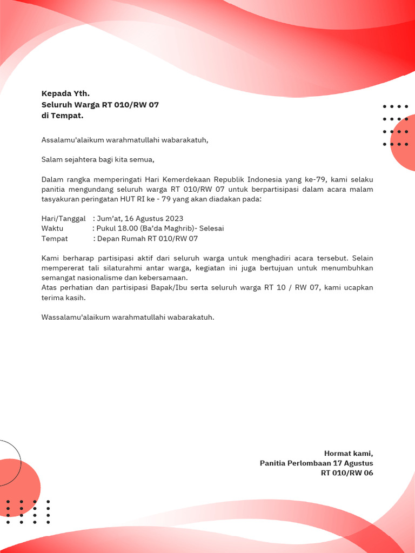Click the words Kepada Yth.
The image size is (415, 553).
pos(65,93)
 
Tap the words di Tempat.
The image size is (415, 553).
pos(62,116)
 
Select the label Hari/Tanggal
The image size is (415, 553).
pos(63,219)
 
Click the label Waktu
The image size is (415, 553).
pos(52,228)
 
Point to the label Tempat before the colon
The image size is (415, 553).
pos(55,238)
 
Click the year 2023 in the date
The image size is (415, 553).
pos(174,219)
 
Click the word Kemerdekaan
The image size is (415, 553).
pos(183,179)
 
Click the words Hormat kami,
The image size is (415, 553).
pos(349,453)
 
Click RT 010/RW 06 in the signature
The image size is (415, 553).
pos(347,473)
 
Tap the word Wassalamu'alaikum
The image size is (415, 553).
pos(76,317)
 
